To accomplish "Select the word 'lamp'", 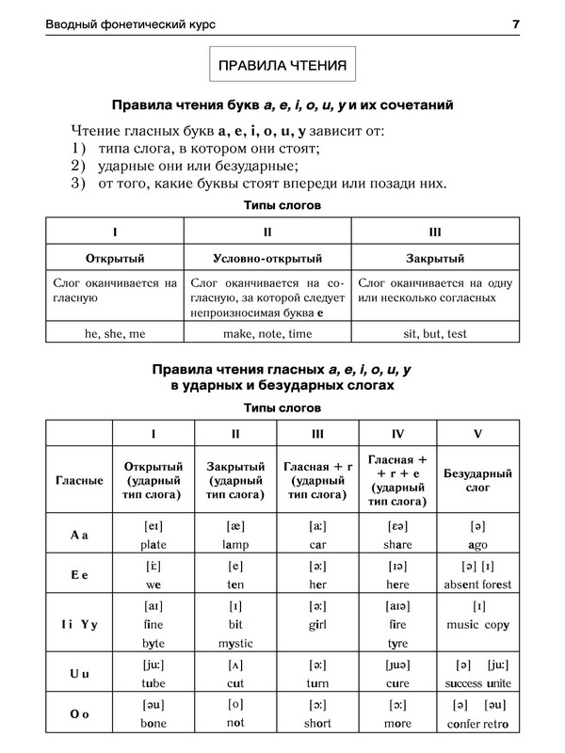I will (x=234, y=545).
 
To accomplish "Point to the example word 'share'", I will (x=398, y=545).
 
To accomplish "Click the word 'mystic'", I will (x=234, y=644).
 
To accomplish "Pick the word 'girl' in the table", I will (x=316, y=624).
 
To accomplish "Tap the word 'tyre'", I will (x=398, y=644).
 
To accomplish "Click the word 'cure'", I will (x=398, y=683).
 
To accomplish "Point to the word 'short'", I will (x=316, y=723).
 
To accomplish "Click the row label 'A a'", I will (x=79, y=536).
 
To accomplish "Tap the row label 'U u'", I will (x=79, y=674).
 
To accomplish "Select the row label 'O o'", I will (x=79, y=713).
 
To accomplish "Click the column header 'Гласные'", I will (x=79, y=480).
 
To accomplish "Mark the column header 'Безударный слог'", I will (x=477, y=480).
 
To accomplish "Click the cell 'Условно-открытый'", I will (x=267, y=258).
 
